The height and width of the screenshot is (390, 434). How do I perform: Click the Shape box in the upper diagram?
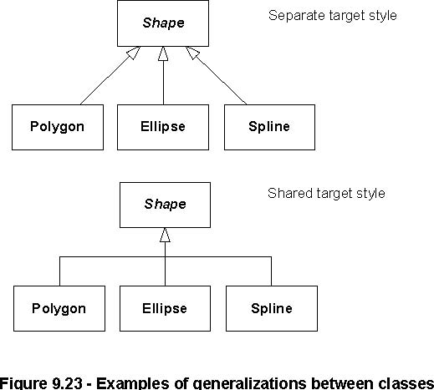163,23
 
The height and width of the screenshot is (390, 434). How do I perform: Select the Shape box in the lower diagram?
165,205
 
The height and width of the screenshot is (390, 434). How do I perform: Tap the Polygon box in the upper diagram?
58,127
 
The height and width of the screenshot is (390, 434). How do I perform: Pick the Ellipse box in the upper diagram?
163,127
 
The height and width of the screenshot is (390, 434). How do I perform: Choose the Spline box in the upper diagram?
269,127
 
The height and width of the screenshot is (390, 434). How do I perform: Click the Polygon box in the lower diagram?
59,308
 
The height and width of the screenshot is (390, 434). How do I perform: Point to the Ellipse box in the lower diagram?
165,308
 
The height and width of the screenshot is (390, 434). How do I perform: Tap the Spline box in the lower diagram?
272,308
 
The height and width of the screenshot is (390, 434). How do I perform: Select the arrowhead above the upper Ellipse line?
163,53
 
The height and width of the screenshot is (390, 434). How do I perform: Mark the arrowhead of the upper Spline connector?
193,53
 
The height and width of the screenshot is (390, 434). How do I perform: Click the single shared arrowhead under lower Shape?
165,235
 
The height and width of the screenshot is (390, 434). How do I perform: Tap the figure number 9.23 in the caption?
67,383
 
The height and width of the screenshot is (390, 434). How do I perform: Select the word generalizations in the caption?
250,384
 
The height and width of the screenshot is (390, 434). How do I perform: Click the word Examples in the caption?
133,384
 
